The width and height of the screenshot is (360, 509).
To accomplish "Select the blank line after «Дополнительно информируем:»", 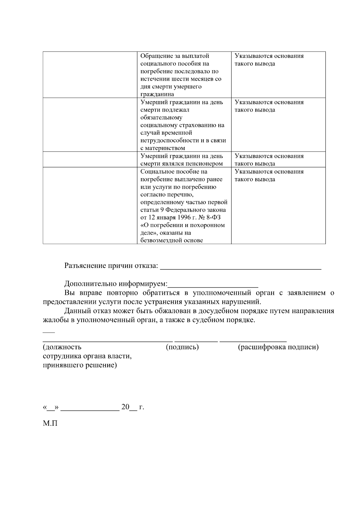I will pyautogui.click(x=213, y=286).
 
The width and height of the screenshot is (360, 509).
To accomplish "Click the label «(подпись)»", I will pyautogui.click(x=182, y=347).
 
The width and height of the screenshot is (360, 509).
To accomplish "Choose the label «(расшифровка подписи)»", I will pyautogui.click(x=278, y=347).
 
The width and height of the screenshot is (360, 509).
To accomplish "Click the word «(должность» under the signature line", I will pyautogui.click(x=62, y=347).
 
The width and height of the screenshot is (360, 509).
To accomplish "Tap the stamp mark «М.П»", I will pyautogui.click(x=50, y=424).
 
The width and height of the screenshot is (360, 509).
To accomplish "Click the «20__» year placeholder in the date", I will pyautogui.click(x=129, y=407).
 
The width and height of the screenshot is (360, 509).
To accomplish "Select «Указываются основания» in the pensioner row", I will pyautogui.click(x=269, y=156).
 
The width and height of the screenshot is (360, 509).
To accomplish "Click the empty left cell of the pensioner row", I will pyautogui.click(x=90, y=160).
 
